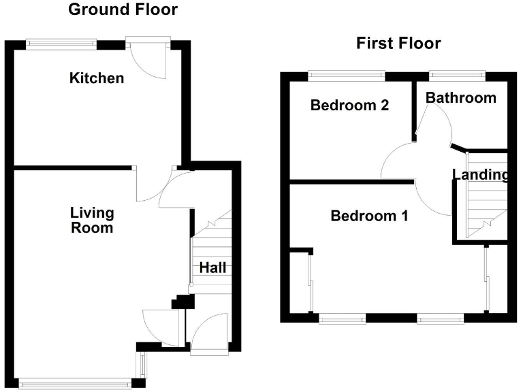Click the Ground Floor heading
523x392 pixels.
tap(123, 10)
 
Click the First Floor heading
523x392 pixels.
tap(398, 44)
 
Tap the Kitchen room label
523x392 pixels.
tap(97, 78)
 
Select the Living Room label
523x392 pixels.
tap(92, 221)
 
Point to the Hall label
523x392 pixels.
tap(212, 268)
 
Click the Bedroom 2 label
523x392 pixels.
tap(349, 105)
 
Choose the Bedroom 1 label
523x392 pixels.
tap(369, 216)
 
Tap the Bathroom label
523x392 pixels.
tap(460, 98)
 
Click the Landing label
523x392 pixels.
tap(481, 176)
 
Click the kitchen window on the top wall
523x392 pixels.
tap(61, 44)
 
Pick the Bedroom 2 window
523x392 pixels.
tap(346, 76)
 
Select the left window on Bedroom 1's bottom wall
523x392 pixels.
tap(343, 317)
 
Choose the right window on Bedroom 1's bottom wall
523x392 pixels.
tap(439, 317)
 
